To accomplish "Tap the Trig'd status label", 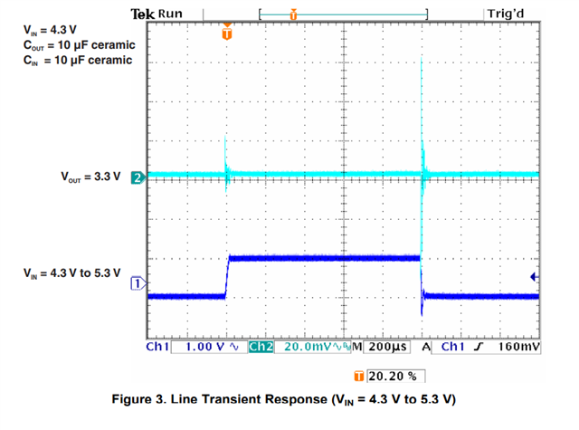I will tap(511, 14).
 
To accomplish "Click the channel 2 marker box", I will tap(138, 177).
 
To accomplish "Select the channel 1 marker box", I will tap(138, 283).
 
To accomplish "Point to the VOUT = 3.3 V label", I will tap(90, 177).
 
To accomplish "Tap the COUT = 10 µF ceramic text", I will tap(77, 44).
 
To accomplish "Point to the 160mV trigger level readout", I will tap(518, 347).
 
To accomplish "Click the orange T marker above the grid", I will tap(226, 33).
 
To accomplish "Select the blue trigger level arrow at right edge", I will tap(534, 277).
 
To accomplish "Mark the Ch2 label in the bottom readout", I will tap(261, 347).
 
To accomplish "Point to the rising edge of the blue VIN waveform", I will tap(226, 276).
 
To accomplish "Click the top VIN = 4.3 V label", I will tap(50, 28).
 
